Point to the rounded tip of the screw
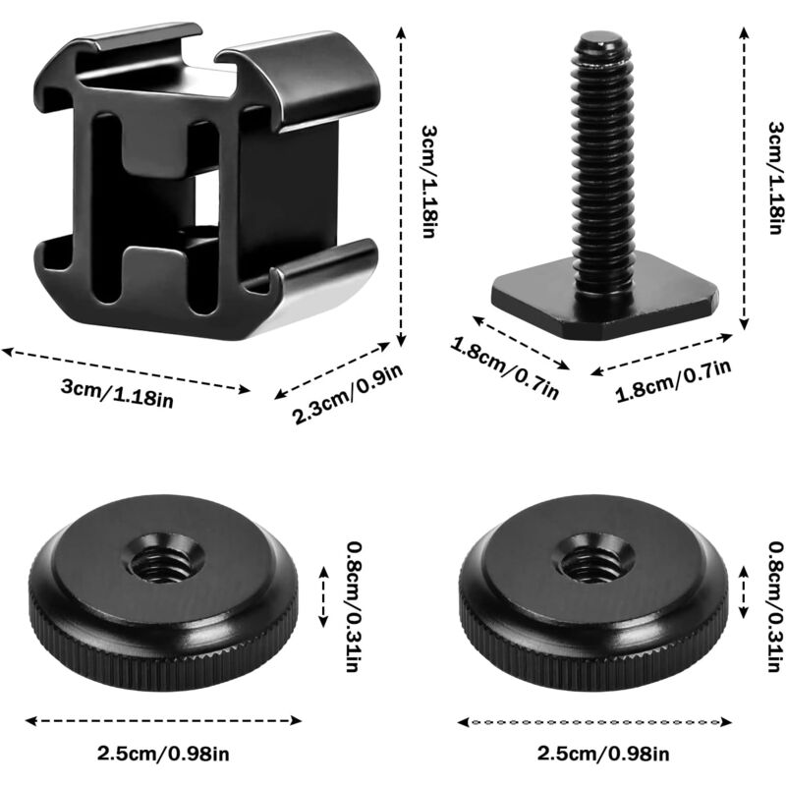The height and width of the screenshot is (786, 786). pos(601,44)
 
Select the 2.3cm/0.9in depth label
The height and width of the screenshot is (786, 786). pos(348,394)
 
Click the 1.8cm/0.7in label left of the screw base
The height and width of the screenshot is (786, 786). pos(505,368)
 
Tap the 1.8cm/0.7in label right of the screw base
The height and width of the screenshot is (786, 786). pos(674,382)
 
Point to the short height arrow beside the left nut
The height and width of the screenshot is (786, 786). pos(325,593)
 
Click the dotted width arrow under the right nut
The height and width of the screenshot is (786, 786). pos(595,722)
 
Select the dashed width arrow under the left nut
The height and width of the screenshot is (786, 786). pos(162,721)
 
